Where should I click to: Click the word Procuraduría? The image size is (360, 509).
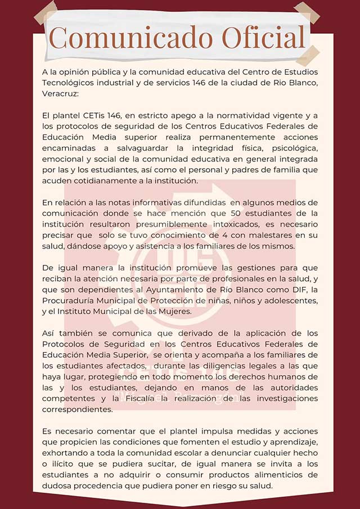pyautogui.click(x=70, y=300)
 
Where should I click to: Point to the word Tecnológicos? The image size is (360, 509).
pyautogui.click(x=69, y=83)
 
